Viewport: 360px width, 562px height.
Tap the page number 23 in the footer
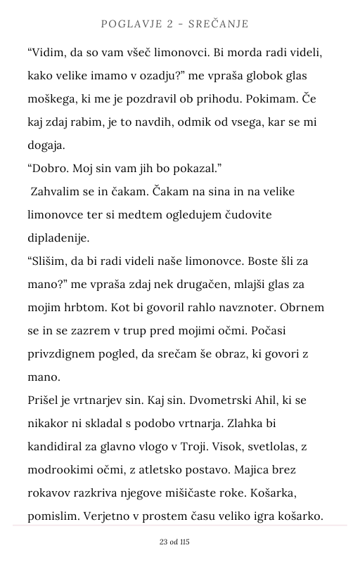click(x=164, y=542)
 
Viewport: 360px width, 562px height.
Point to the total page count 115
click(x=185, y=542)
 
